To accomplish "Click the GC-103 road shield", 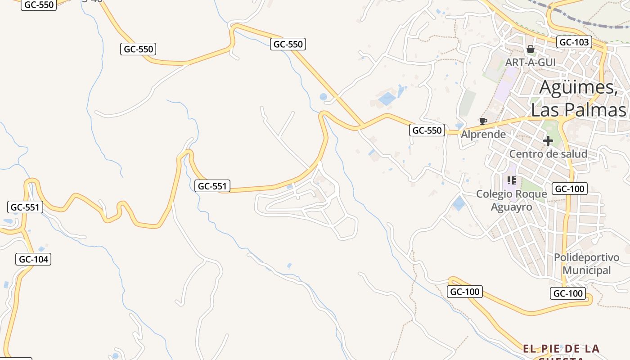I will click(574, 42).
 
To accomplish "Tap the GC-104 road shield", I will click(34, 259).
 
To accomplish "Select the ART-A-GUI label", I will click(531, 62).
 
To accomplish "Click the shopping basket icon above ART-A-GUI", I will click(531, 49).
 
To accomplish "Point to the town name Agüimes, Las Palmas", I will click(578, 98).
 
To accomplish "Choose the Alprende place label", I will click(483, 134).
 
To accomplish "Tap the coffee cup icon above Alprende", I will click(483, 121).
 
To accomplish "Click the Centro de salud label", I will click(548, 154).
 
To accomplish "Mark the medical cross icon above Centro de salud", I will click(548, 141).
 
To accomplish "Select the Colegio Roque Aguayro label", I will click(512, 200).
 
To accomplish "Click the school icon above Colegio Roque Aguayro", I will click(511, 180).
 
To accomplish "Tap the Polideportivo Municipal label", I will click(586, 264).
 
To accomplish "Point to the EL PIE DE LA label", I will click(561, 349).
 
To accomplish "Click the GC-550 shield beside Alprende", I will click(427, 130).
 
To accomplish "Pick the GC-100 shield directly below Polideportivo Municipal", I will click(568, 294).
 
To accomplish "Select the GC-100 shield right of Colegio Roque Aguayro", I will click(570, 189).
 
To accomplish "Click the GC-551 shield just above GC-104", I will click(25, 207).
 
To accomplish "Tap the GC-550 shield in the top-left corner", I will click(39, 5).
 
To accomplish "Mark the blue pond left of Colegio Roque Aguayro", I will click(459, 203).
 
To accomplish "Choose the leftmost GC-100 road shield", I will click(465, 292).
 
